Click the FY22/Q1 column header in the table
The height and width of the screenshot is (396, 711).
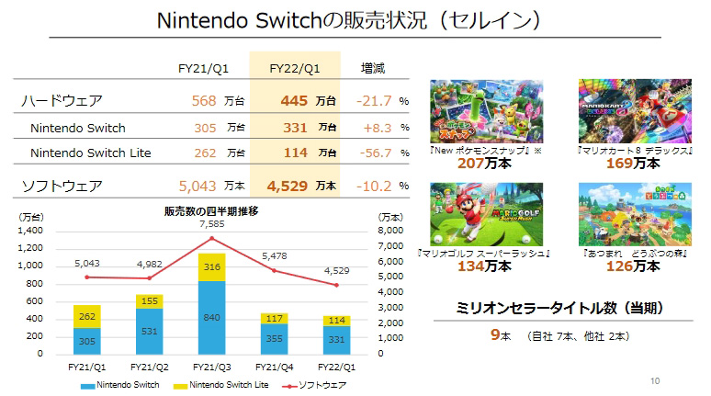coord(294,67)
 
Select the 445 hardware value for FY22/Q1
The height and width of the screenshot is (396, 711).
coord(288,100)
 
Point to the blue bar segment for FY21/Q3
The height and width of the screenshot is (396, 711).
coord(211,317)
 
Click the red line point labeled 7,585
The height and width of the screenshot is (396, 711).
coord(211,239)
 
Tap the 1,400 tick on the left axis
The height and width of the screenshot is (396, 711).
coord(29,232)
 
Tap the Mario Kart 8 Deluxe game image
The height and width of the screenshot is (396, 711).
coord(622,110)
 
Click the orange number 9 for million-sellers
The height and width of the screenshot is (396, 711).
coord(494,335)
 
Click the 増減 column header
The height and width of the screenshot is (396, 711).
coord(374,67)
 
